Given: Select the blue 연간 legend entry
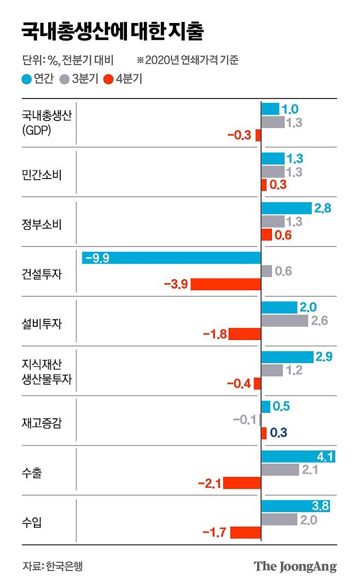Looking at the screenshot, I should (38, 78).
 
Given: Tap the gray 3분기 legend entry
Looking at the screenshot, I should (80, 78).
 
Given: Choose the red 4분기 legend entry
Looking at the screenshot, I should (124, 78).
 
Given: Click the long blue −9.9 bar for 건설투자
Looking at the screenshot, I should (171, 258).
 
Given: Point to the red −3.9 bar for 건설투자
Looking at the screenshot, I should (225, 284).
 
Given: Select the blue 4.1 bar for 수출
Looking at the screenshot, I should (298, 456).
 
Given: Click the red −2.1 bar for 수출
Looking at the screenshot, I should (242, 483).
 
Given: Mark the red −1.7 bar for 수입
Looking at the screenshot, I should (246, 532).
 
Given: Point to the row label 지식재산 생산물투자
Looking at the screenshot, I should (46, 372).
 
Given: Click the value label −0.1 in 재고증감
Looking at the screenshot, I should (245, 420).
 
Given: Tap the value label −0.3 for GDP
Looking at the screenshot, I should (239, 135).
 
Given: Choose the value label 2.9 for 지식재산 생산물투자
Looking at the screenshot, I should (324, 357).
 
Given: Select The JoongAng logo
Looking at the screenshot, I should (295, 566).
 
